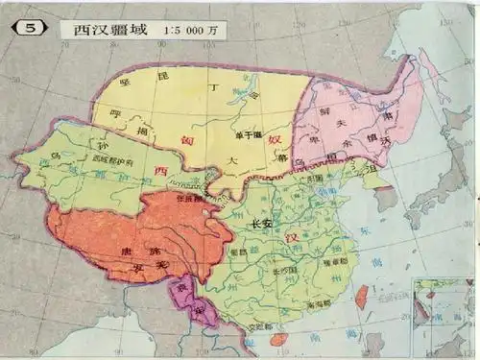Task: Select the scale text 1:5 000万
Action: point(184,28)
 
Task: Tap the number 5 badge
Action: point(31,28)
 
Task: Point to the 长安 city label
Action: point(260,224)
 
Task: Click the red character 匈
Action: point(188,139)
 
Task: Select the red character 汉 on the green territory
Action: point(278,236)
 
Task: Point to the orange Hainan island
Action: point(277,339)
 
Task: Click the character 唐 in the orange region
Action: point(93,252)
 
